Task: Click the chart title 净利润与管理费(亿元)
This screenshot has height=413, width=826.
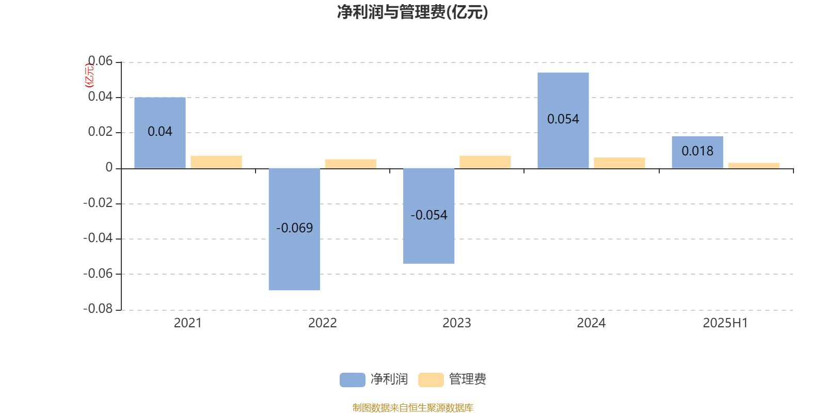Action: click(412, 12)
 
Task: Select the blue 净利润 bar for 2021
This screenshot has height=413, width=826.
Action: click(160, 133)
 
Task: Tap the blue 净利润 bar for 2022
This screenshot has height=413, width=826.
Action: click(294, 229)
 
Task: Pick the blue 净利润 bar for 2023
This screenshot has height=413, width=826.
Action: click(429, 216)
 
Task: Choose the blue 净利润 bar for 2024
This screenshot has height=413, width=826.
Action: click(563, 121)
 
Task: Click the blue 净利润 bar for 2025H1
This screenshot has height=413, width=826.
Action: click(697, 152)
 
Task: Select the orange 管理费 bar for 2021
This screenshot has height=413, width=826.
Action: click(216, 162)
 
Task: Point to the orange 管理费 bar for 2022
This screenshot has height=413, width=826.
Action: click(351, 164)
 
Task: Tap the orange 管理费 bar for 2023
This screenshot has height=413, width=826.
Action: click(485, 162)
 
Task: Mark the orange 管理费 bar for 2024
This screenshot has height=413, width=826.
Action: click(619, 163)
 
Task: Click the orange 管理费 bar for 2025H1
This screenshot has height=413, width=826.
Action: click(754, 166)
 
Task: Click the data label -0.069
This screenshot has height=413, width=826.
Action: click(295, 228)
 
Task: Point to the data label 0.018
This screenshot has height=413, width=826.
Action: click(697, 151)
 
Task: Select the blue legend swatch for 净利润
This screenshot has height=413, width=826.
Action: click(353, 380)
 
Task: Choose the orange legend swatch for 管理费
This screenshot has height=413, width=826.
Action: click(431, 380)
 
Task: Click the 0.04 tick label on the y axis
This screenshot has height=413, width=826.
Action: click(100, 97)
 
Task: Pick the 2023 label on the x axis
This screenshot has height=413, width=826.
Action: click(456, 323)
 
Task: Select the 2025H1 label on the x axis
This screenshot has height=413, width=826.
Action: click(725, 323)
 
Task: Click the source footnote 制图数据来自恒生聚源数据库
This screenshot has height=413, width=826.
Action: click(412, 407)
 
